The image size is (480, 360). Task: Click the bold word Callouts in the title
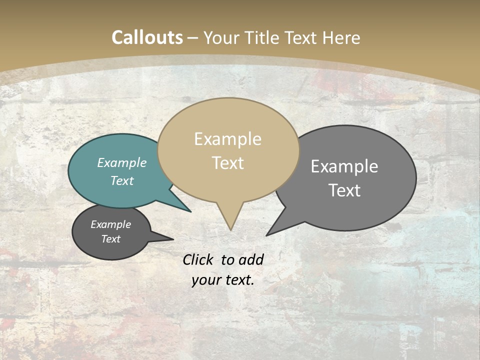click(x=147, y=37)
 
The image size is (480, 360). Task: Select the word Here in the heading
click(x=342, y=37)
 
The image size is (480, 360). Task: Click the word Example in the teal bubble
click(x=122, y=162)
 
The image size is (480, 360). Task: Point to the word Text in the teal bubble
click(x=122, y=180)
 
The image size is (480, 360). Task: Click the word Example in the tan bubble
click(x=227, y=139)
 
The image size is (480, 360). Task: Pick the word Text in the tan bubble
click(x=228, y=162)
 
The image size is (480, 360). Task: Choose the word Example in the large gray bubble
click(x=344, y=166)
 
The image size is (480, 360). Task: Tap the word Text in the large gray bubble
click(x=345, y=190)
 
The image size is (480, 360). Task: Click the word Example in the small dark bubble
click(x=110, y=224)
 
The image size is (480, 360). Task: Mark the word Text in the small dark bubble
click(x=110, y=239)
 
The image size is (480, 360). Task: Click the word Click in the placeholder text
click(x=198, y=259)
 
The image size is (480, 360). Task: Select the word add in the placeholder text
click(x=251, y=259)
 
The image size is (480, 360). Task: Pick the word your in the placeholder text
click(x=205, y=280)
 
